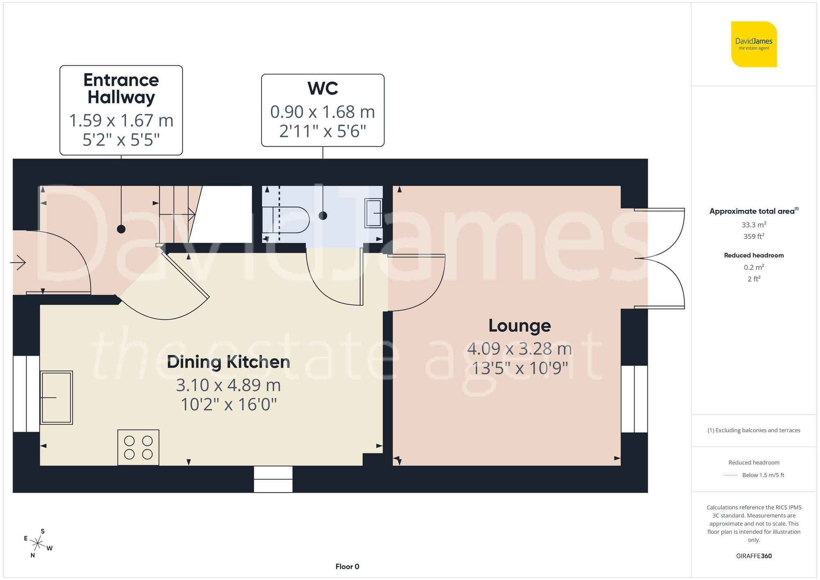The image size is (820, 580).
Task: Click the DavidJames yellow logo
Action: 754,44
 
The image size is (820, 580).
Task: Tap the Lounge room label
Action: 519,326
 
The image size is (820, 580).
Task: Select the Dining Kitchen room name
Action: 228,362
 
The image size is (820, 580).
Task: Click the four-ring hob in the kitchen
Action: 138,447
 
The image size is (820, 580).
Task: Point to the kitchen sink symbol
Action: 56,397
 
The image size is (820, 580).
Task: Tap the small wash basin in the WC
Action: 374,213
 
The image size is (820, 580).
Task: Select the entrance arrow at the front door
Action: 18,262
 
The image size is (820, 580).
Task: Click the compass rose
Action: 38,544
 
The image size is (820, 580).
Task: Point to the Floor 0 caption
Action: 347,566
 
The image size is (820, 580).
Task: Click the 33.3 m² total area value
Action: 754,225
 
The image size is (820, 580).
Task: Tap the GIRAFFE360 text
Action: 754,556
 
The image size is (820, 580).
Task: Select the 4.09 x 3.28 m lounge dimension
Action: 519,349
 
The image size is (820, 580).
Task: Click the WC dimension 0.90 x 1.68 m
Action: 323,112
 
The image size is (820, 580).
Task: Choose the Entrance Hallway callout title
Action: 121,89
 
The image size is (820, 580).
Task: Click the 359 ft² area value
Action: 754,237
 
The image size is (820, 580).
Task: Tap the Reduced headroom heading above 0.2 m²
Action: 754,255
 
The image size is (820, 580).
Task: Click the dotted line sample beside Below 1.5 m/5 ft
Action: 731,475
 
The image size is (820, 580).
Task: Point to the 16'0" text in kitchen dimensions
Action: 257,405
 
